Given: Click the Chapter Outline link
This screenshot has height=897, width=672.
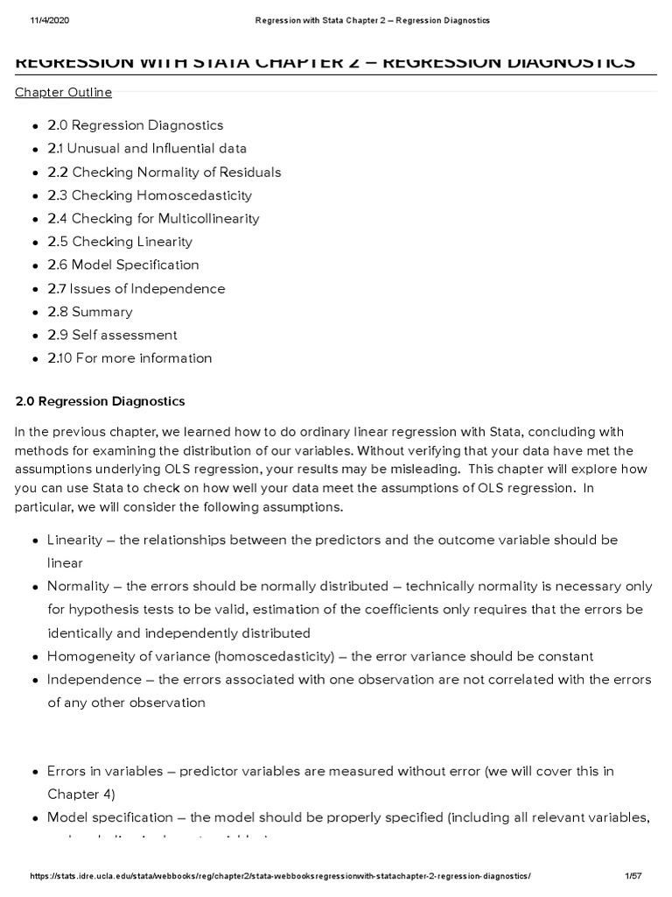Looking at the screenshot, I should [64, 93].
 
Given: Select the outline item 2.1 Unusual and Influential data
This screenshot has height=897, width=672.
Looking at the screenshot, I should [147, 149].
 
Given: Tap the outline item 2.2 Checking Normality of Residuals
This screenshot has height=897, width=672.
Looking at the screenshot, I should [164, 173].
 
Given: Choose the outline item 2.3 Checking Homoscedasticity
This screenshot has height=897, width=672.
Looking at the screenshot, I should [150, 195].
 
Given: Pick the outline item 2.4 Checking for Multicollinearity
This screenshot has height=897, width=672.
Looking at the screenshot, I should [153, 219].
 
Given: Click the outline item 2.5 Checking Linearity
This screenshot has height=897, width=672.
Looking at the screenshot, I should [120, 242].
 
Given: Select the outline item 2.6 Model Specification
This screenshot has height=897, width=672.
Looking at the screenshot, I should [123, 265].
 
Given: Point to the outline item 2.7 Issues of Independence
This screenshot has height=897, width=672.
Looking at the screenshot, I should [136, 288].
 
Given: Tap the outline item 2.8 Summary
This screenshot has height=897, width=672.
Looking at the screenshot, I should [90, 312].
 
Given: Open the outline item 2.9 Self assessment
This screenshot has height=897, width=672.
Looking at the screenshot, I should [112, 335].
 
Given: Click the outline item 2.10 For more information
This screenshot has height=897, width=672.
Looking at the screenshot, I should [129, 358].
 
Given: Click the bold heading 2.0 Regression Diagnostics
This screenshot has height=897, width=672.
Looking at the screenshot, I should [101, 401].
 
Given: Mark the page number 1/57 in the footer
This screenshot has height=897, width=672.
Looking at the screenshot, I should [634, 876].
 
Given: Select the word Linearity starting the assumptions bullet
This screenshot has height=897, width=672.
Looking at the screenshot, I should [75, 540].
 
